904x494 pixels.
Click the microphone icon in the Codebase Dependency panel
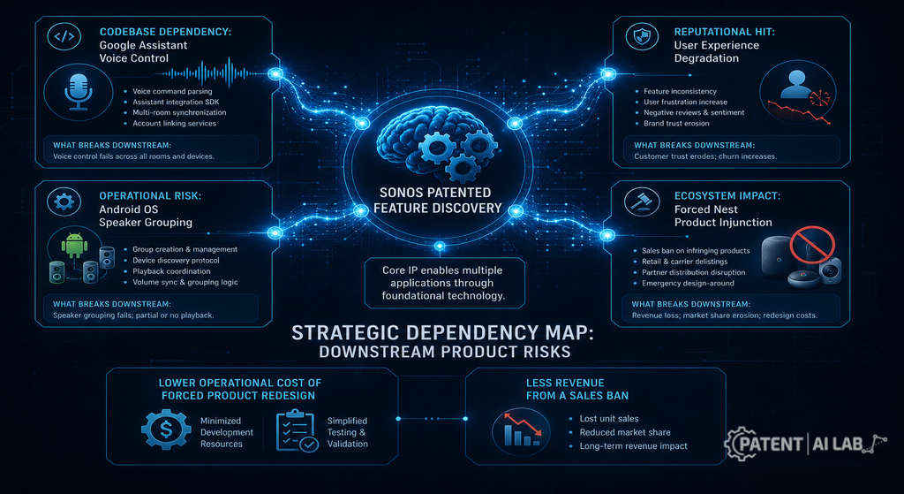[x=78, y=92]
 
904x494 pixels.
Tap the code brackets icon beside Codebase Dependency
[x=64, y=36]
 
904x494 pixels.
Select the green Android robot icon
[x=74, y=246]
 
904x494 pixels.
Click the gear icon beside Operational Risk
[x=64, y=201]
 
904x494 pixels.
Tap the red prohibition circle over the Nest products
[x=812, y=244]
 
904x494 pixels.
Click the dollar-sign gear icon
[x=166, y=429]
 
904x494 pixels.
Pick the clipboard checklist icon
[x=297, y=430]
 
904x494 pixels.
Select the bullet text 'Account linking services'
[x=174, y=124]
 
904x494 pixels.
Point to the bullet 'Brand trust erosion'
[x=676, y=124]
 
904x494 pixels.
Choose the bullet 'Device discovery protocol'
[x=176, y=261]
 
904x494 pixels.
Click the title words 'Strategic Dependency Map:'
[x=445, y=333]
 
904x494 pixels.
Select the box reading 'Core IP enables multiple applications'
[x=445, y=283]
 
